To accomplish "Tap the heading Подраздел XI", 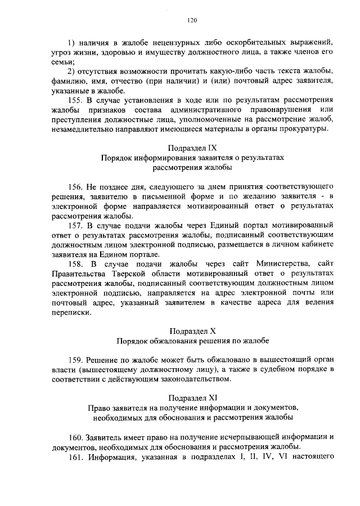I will tap(192, 397).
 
